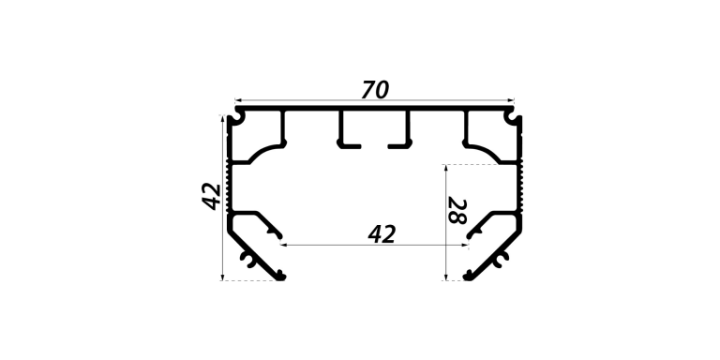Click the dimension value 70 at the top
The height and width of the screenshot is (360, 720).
[375, 90]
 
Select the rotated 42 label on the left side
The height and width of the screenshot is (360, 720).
[212, 197]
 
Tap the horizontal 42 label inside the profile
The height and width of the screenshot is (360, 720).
[382, 234]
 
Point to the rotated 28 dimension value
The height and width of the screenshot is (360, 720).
[457, 211]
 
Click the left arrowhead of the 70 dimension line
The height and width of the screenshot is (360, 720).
[238, 99]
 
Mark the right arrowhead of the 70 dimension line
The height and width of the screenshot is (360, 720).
[511, 99]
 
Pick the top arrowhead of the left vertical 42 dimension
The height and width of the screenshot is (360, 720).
[223, 118]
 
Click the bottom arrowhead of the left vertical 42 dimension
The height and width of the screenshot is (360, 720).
[223, 277]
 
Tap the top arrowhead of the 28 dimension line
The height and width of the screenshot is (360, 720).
[445, 168]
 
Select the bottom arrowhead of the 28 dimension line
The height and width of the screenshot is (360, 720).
[445, 277]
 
